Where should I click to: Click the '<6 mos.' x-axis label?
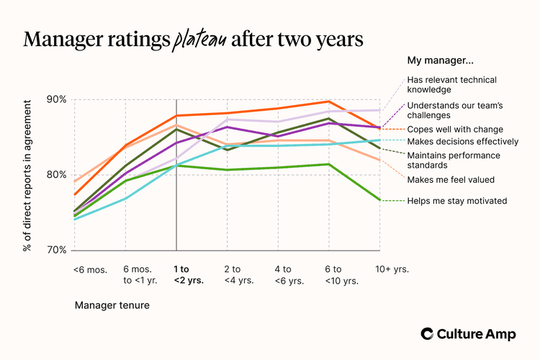tap(89, 270)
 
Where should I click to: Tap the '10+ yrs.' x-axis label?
tap(392, 269)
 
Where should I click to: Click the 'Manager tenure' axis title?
tap(112, 305)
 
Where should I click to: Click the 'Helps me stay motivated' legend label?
tap(456, 201)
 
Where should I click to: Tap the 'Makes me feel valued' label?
tap(450, 179)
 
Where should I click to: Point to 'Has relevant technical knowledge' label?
tap(451, 85)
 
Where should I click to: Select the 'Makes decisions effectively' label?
tap(462, 140)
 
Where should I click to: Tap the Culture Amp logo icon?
tap(428, 333)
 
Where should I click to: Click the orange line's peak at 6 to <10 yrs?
tap(328, 102)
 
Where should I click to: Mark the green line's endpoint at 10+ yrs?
tap(379, 200)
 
